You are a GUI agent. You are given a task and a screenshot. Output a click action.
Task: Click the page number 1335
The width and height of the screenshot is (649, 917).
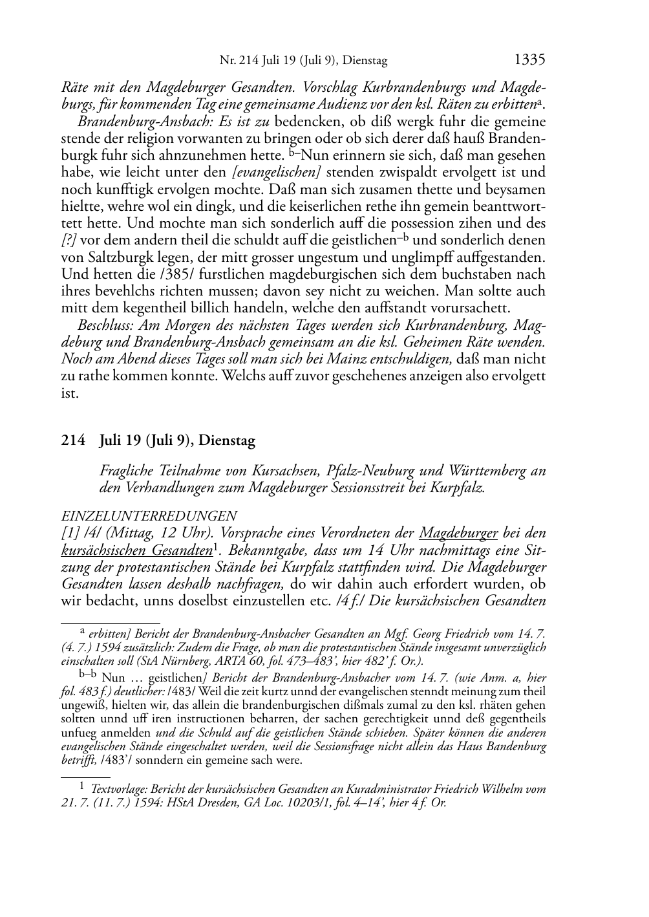tap(530, 60)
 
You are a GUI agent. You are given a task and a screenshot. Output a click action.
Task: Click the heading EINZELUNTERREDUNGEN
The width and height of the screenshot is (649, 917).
tap(148, 516)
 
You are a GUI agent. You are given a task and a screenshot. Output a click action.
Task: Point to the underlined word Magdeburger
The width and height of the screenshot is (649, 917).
tap(458, 534)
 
